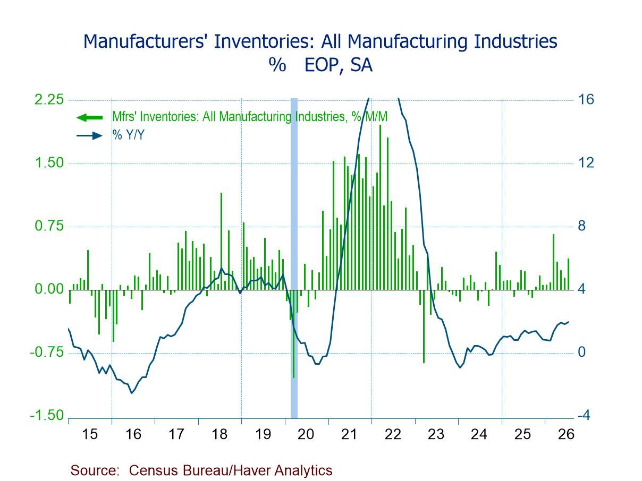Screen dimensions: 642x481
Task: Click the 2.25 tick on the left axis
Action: pyautogui.click(x=49, y=100)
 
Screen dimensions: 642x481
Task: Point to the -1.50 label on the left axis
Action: pyautogui.click(x=47, y=415)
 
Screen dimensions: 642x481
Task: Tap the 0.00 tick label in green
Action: pyautogui.click(x=49, y=289)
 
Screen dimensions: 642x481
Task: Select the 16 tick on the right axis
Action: pyautogui.click(x=586, y=100)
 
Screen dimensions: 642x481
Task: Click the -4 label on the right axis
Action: pyautogui.click(x=584, y=415)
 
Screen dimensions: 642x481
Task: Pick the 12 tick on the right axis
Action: pyautogui.click(x=586, y=162)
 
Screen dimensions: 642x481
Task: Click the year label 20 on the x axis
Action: pyautogui.click(x=306, y=434)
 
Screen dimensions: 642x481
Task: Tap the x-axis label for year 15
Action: pyautogui.click(x=89, y=434)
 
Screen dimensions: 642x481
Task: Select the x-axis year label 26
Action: pyautogui.click(x=566, y=434)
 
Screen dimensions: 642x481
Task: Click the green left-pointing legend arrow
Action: pyautogui.click(x=89, y=118)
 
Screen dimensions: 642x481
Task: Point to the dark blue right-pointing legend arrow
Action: pyautogui.click(x=89, y=135)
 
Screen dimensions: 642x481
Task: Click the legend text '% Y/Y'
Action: pyautogui.click(x=129, y=135)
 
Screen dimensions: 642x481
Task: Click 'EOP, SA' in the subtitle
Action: pyautogui.click(x=339, y=65)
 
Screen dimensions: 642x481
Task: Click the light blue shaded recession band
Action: pyautogui.click(x=294, y=258)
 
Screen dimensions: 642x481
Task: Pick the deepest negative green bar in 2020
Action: pyautogui.click(x=293, y=334)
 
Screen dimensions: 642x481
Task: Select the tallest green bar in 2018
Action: pyautogui.click(x=221, y=241)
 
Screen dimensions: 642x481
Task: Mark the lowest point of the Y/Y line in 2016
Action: pyautogui.click(x=131, y=393)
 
